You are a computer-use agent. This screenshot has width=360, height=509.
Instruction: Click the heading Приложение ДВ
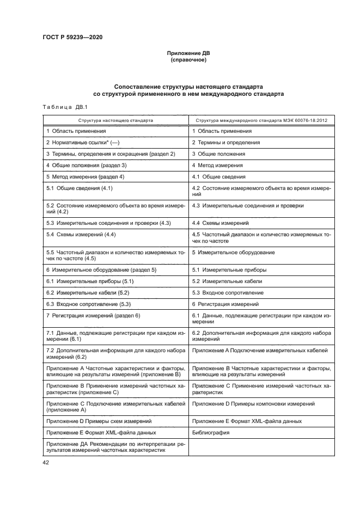[188, 54]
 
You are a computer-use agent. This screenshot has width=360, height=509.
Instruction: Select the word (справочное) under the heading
[188, 60]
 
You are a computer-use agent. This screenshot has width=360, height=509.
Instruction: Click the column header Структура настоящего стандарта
[115, 120]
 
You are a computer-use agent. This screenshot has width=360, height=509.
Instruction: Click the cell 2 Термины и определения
[225, 143]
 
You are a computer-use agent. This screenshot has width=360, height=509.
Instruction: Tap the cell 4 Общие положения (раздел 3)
[86, 165]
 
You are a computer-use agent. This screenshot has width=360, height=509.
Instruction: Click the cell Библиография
[210, 432]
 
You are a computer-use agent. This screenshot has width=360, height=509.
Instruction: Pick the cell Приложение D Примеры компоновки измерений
[253, 404]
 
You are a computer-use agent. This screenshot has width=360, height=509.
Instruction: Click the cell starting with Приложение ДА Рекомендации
[113, 447]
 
